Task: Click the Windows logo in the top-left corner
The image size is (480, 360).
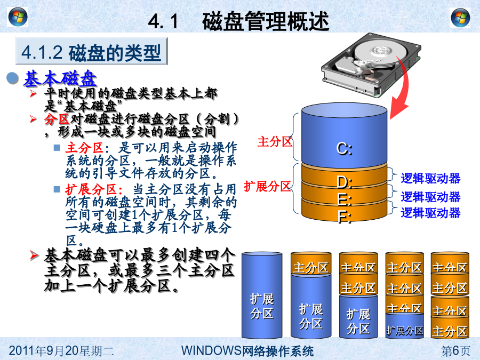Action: click(x=18, y=17)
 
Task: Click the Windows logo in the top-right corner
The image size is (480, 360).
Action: click(x=460, y=18)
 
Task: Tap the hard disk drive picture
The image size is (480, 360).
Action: click(x=371, y=65)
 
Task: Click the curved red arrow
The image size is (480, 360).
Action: click(x=399, y=89)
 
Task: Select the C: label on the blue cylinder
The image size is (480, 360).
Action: click(x=345, y=149)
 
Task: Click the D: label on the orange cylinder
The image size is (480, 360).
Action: click(x=345, y=182)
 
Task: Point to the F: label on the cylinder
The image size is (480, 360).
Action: click(x=344, y=217)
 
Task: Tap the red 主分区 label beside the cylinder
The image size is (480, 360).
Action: click(x=275, y=142)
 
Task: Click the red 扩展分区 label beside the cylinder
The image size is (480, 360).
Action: click(x=267, y=186)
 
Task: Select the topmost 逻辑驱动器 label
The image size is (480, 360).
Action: click(x=430, y=179)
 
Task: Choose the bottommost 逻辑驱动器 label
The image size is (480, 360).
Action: click(x=430, y=213)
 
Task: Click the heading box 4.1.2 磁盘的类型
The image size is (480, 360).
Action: click(x=91, y=51)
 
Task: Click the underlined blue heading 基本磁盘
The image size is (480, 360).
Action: click(x=60, y=79)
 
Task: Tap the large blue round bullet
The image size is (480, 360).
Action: click(x=13, y=78)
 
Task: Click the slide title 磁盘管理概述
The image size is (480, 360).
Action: click(x=266, y=21)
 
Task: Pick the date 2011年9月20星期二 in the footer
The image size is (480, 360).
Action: click(x=61, y=351)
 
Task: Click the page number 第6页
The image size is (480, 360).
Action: click(x=455, y=351)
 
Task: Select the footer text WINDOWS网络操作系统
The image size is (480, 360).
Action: click(x=247, y=351)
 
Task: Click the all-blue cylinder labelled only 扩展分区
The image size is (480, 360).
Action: click(x=262, y=295)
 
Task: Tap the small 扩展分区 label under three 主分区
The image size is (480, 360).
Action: click(x=405, y=331)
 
